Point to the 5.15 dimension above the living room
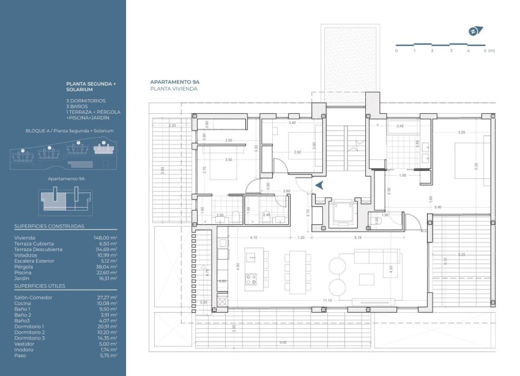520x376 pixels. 359,237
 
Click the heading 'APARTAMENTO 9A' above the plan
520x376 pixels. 174,81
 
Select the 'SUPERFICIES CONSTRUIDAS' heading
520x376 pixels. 49,226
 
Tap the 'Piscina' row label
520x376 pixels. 23,273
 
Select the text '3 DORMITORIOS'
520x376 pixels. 86,100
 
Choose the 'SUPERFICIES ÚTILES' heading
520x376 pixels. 40,285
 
